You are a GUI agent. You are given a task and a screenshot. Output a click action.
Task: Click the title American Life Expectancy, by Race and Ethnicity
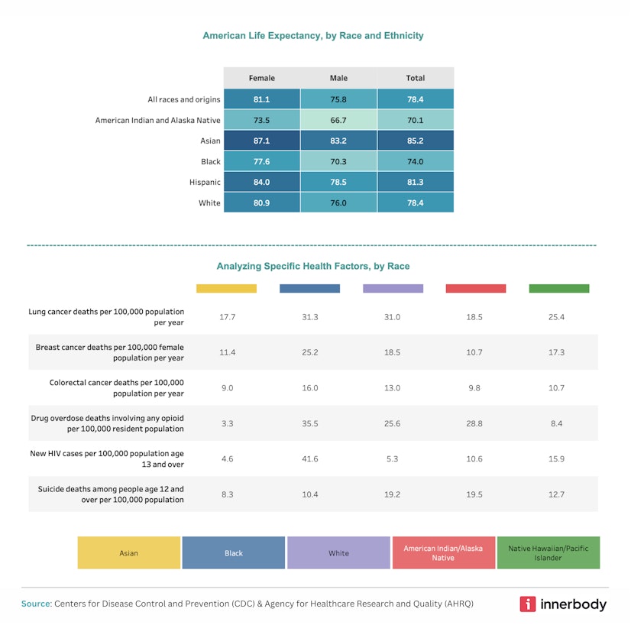click(312, 36)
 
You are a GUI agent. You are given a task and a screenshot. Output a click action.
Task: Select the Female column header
click(261, 78)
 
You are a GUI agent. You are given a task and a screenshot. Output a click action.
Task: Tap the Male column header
click(338, 78)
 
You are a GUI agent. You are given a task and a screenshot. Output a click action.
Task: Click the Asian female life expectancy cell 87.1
click(261, 141)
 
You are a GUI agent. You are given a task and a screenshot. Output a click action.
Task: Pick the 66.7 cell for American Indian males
click(338, 120)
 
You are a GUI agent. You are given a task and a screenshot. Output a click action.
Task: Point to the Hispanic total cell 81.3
click(415, 183)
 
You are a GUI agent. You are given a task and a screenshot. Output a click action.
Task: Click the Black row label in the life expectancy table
click(211, 162)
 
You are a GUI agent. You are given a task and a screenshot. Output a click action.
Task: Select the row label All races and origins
click(184, 99)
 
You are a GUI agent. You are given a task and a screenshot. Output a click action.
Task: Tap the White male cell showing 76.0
click(338, 203)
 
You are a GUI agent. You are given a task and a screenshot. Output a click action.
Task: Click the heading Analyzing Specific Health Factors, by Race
click(312, 267)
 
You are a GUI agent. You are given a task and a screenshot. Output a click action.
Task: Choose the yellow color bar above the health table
click(226, 289)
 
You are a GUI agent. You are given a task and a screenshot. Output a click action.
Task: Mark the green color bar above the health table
click(558, 289)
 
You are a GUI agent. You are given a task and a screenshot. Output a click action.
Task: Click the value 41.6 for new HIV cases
click(309, 459)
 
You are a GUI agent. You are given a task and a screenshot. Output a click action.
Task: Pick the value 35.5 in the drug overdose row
click(309, 423)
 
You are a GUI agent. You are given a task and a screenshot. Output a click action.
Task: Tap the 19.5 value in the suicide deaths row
click(474, 494)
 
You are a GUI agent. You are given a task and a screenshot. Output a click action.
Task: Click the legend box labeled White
click(338, 553)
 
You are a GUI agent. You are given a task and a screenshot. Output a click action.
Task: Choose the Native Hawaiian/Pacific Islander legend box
click(548, 553)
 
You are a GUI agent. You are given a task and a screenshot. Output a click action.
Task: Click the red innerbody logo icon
click(528, 604)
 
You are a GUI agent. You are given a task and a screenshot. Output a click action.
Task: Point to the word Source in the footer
click(36, 604)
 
